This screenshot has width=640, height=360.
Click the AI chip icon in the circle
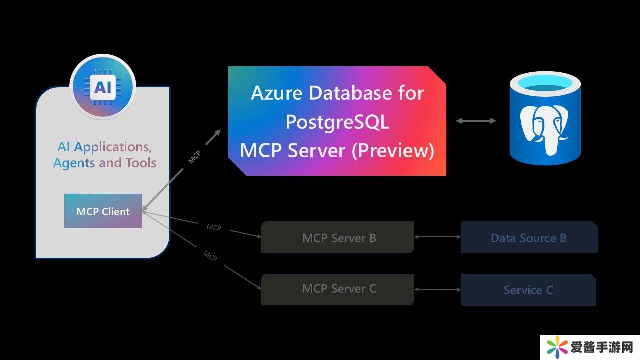click(x=103, y=87)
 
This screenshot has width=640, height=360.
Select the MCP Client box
click(x=103, y=211)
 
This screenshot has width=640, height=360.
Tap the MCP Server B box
click(x=338, y=237)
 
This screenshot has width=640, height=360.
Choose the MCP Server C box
click(x=338, y=289)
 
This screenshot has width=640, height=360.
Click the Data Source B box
click(x=529, y=238)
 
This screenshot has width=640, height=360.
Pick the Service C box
click(x=528, y=290)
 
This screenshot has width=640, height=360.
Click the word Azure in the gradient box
click(x=277, y=93)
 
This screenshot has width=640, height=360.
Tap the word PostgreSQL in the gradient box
click(x=337, y=121)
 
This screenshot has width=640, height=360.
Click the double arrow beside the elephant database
click(x=476, y=121)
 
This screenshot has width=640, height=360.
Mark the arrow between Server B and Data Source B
click(x=438, y=237)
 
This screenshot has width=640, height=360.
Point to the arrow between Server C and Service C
click(x=438, y=289)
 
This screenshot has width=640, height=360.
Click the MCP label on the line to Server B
click(x=214, y=227)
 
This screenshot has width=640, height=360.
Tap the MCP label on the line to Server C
click(x=210, y=255)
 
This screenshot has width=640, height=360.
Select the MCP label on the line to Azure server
click(x=194, y=157)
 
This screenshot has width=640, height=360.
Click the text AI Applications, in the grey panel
click(x=104, y=147)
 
